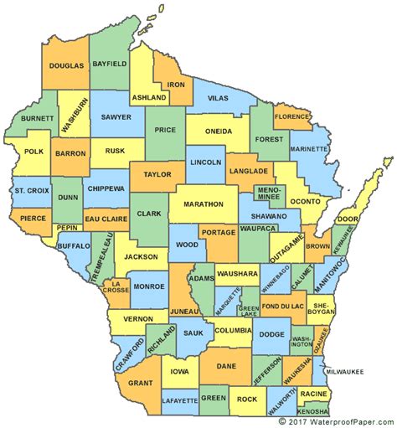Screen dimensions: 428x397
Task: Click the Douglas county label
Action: tap(67, 64)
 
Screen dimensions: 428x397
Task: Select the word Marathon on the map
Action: tap(203, 204)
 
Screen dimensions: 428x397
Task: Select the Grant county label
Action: tap(141, 384)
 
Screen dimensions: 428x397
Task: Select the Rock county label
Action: tap(248, 400)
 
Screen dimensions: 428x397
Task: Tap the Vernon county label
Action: tap(137, 319)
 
